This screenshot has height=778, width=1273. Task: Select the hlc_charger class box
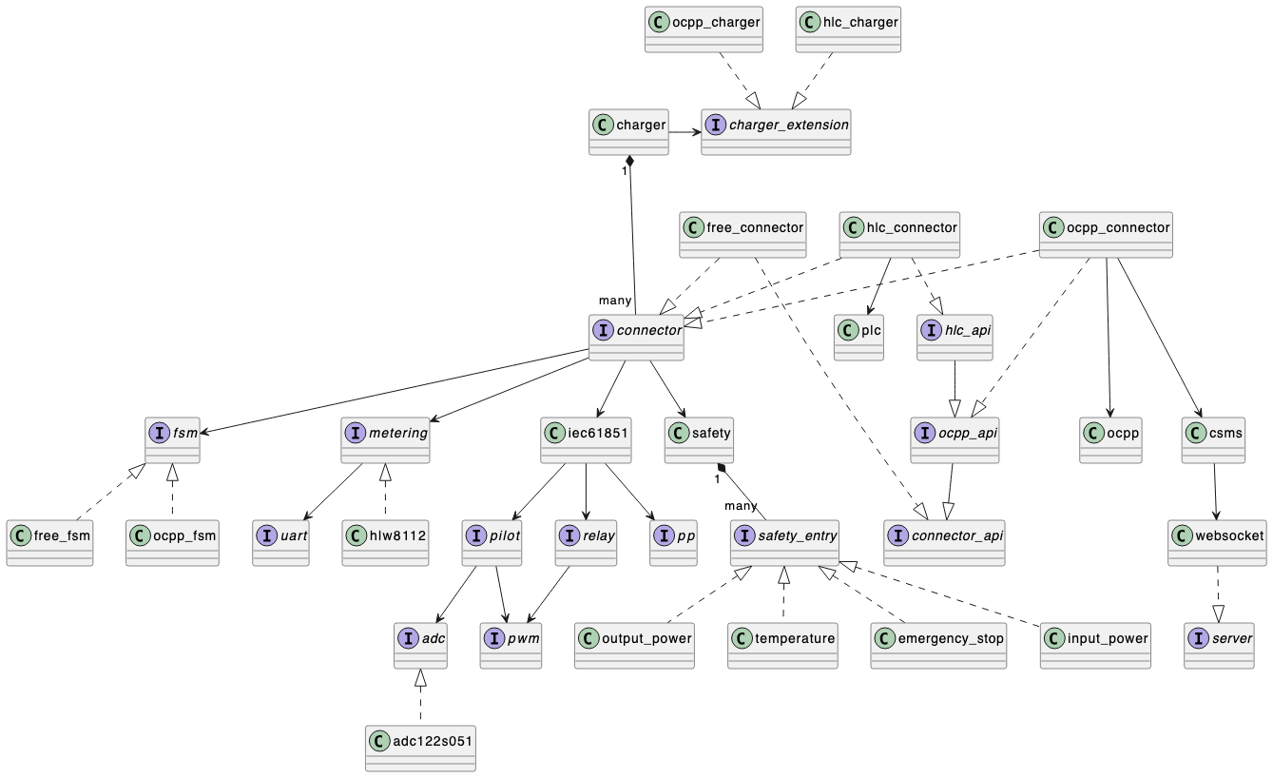848,29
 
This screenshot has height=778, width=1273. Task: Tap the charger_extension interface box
776,132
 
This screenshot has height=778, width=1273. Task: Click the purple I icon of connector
602,330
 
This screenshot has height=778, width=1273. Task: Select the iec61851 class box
586,440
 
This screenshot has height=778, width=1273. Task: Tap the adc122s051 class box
419,749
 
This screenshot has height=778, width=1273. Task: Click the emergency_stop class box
938,646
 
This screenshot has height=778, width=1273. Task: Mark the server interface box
1219,646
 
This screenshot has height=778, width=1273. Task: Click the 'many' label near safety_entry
741,505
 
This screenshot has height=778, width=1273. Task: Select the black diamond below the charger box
629,163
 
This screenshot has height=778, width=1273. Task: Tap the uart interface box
280,543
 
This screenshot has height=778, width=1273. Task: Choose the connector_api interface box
944,543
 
